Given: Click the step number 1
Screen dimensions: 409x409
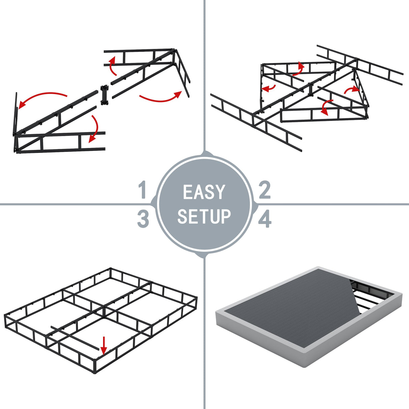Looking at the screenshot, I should tap(143, 190).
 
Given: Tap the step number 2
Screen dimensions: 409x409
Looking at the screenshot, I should tap(265, 190).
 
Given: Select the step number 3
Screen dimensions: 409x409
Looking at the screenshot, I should tap(143, 219).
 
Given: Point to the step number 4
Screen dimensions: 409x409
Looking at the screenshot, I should tap(265, 219).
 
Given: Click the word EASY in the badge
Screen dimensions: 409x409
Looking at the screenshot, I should tap(204, 192).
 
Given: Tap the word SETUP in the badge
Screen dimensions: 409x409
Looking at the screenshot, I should tap(204, 216).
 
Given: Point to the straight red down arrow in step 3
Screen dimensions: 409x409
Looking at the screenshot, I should tap(104, 345).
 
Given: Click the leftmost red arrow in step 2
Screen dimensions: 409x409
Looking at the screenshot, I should tap(269, 88).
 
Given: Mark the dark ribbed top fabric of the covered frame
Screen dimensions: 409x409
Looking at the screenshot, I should tap(296, 303).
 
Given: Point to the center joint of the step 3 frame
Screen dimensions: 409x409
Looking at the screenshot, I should tap(104, 308).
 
